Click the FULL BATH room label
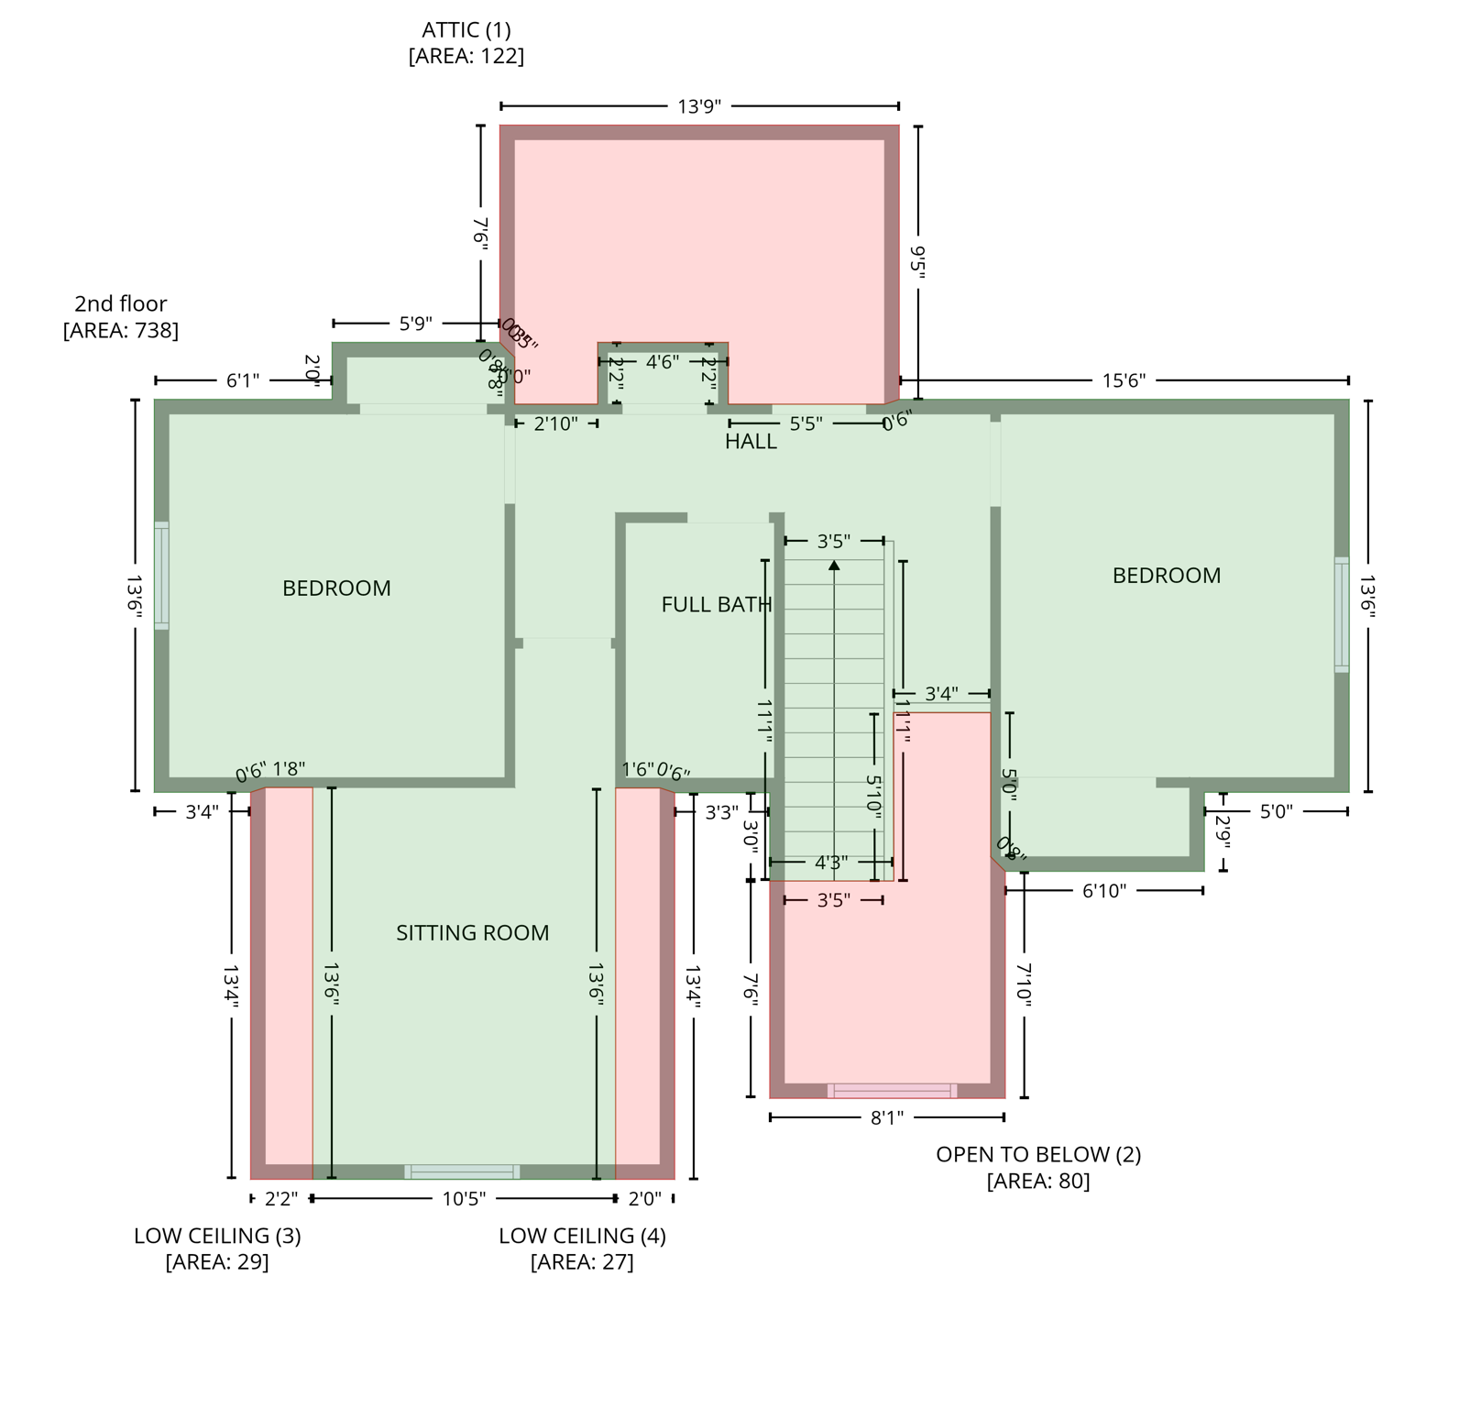(x=716, y=604)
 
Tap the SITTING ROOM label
(x=472, y=932)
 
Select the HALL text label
(x=751, y=441)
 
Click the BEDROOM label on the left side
(x=336, y=588)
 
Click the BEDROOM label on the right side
(x=1166, y=575)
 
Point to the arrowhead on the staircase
(x=834, y=566)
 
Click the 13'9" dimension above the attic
(x=699, y=106)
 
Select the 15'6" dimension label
(x=1124, y=380)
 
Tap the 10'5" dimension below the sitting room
(x=464, y=1198)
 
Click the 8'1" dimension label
(x=886, y=1117)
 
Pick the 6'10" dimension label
(x=1103, y=890)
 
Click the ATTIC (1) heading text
(x=466, y=29)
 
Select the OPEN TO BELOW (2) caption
(x=1037, y=1154)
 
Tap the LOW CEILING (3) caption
(x=217, y=1235)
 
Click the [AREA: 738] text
(x=120, y=330)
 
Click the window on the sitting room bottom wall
(x=462, y=1171)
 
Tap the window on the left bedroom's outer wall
(x=161, y=575)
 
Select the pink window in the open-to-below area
(x=892, y=1091)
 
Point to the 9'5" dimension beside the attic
(x=918, y=259)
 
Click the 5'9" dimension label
(x=415, y=324)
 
